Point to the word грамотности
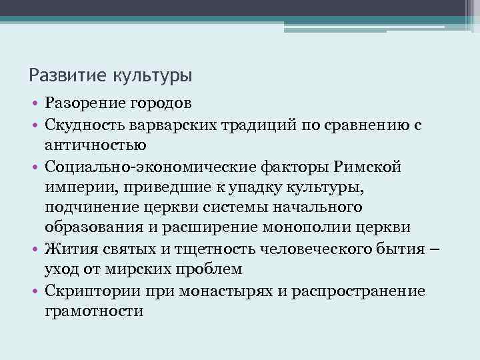(x=95, y=311)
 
